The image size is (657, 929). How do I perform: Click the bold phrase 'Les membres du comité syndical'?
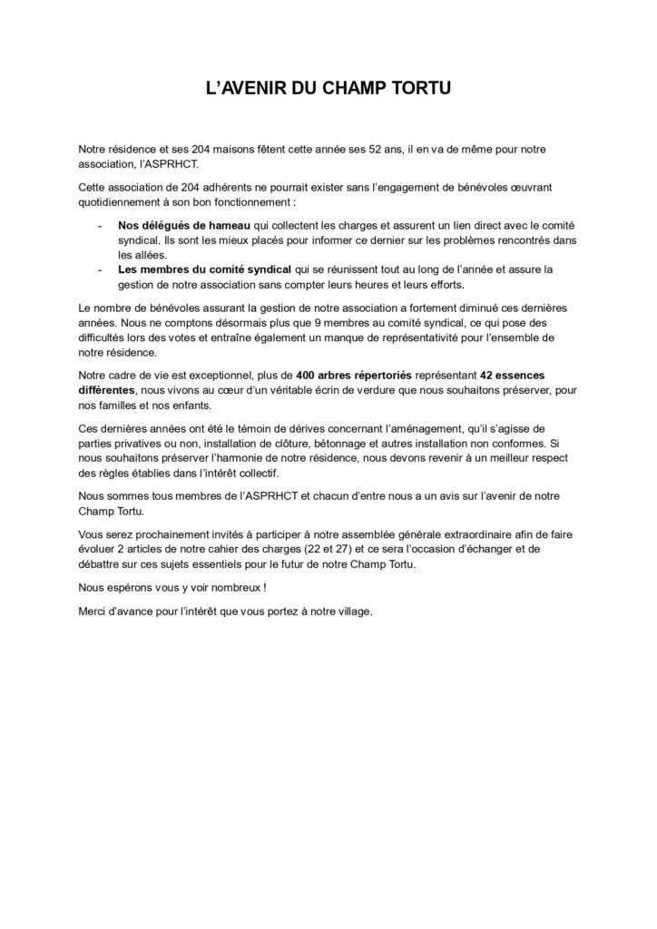point(204,269)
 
